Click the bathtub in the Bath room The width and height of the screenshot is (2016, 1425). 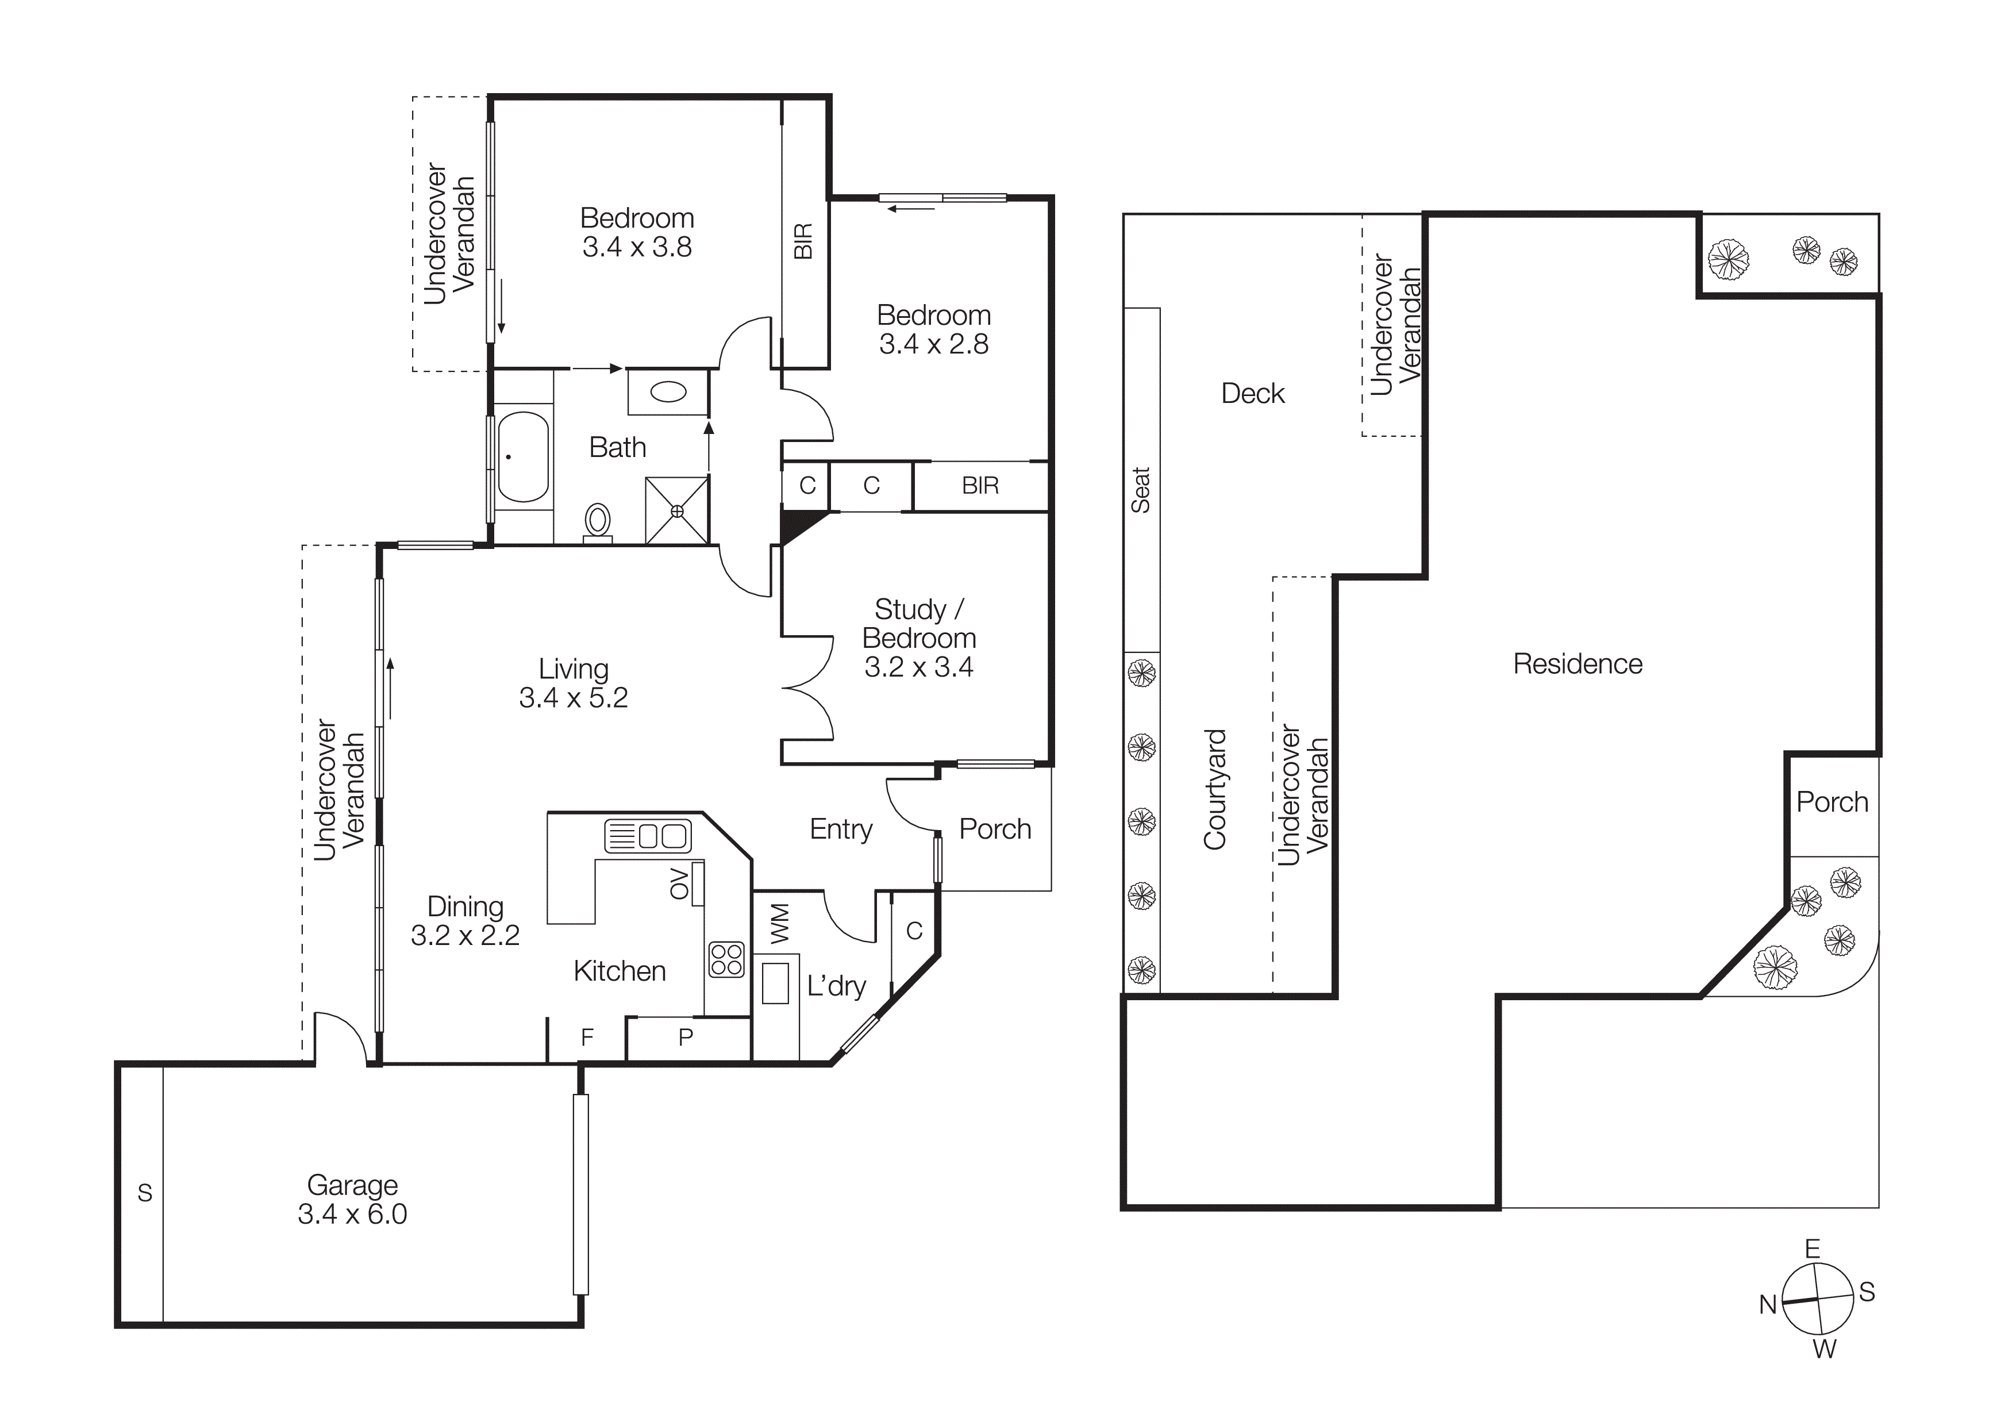tap(524, 456)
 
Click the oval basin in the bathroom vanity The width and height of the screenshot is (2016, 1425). tap(668, 391)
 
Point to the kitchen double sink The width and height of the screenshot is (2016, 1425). tap(648, 836)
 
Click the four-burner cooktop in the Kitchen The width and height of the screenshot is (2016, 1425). tap(726, 959)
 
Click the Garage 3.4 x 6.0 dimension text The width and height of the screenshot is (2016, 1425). tap(352, 1214)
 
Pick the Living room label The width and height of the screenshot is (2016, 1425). tap(574, 669)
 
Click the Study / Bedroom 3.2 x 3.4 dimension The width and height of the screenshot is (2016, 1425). tap(918, 667)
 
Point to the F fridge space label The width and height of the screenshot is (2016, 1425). tap(587, 1037)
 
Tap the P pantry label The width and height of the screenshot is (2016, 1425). tap(686, 1037)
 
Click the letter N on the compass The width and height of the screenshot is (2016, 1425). tap(1768, 1305)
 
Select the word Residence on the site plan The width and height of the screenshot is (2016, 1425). tap(1577, 664)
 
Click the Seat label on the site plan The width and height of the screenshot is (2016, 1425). tap(1141, 490)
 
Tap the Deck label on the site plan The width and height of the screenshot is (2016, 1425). tap(1252, 393)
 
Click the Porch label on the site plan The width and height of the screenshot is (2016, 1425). tap(1832, 802)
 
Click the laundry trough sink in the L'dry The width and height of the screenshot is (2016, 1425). tap(775, 982)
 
